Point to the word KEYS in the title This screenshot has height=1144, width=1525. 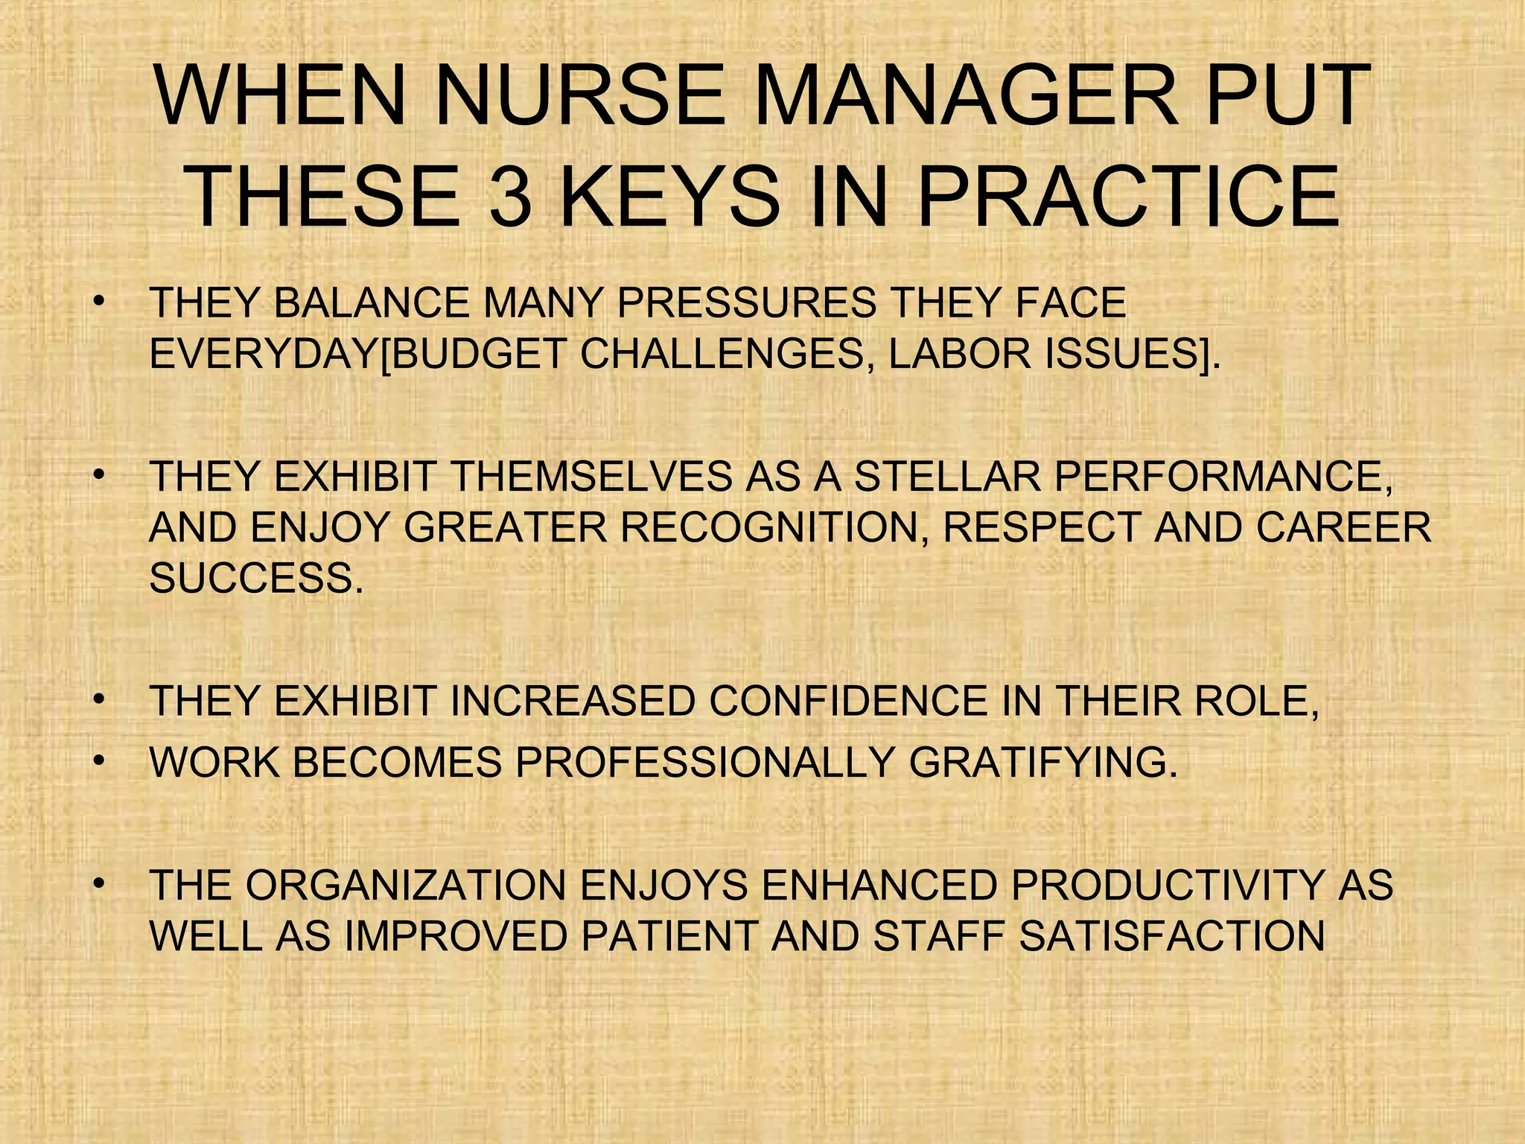[676, 197]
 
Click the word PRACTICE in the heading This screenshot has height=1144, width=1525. [1128, 197]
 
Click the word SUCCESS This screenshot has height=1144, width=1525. [257, 578]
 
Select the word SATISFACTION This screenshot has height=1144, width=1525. [1171, 936]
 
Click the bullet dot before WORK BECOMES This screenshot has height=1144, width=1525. [97, 760]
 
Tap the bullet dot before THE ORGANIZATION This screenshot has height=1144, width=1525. [97, 884]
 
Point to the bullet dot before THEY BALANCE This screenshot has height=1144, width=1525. [97, 302]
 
